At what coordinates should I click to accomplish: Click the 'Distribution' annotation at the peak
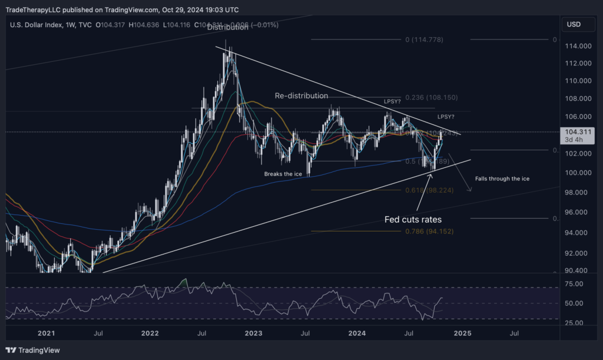(227, 27)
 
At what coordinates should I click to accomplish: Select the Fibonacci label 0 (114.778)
(424, 39)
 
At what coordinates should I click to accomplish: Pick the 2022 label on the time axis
(150, 333)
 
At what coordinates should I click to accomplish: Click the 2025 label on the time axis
(462, 333)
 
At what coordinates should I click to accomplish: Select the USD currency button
(574, 24)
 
